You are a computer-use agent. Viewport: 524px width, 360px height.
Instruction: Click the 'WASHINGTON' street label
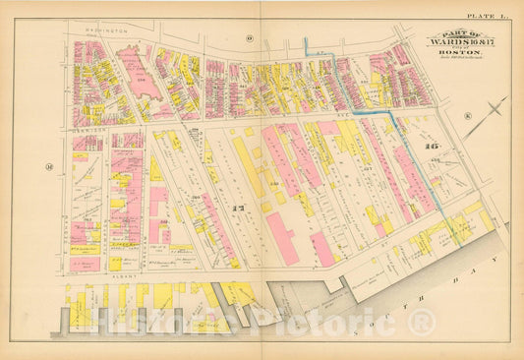[x=106, y=31]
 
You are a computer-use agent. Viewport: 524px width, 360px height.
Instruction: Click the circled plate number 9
[x=250, y=38]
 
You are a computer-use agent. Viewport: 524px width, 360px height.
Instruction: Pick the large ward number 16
[x=429, y=146]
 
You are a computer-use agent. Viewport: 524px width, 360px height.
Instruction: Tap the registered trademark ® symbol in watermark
[x=423, y=320]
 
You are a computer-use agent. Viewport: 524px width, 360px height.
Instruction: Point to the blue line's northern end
[x=305, y=40]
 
